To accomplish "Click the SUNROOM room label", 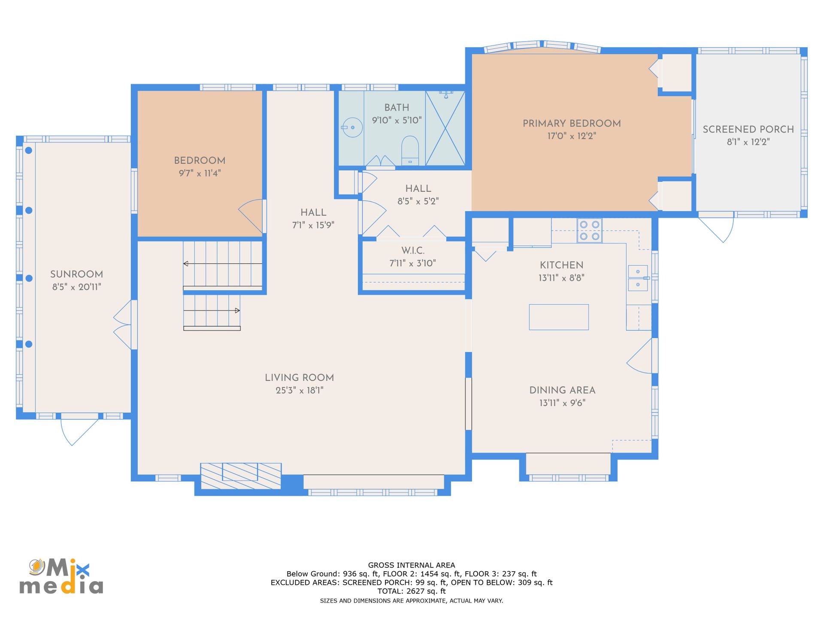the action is pos(76,274).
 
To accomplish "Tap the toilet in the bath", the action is pos(410,151).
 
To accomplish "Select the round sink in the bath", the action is pos(352,127).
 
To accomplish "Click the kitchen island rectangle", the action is pos(559,317).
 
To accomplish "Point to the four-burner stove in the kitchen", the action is pos(590,230).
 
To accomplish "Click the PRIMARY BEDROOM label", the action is pos(572,124).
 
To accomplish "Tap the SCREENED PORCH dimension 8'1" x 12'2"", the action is pos(748,142).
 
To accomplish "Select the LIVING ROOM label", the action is pos(299,378).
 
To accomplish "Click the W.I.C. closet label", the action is pos(413,251).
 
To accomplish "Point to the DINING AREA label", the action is pos(562,390).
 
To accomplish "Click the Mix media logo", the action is pos(61,576).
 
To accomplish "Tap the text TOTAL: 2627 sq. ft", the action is pos(412,591).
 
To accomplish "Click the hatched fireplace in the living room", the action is pos(241,476).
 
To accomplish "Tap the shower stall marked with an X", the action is pos(445,128).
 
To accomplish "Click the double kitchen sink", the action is pos(638,278).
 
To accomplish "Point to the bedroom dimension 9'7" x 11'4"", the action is pos(200,173).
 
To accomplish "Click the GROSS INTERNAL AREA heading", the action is pos(412,565).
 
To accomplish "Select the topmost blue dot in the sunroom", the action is pos(29,150).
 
